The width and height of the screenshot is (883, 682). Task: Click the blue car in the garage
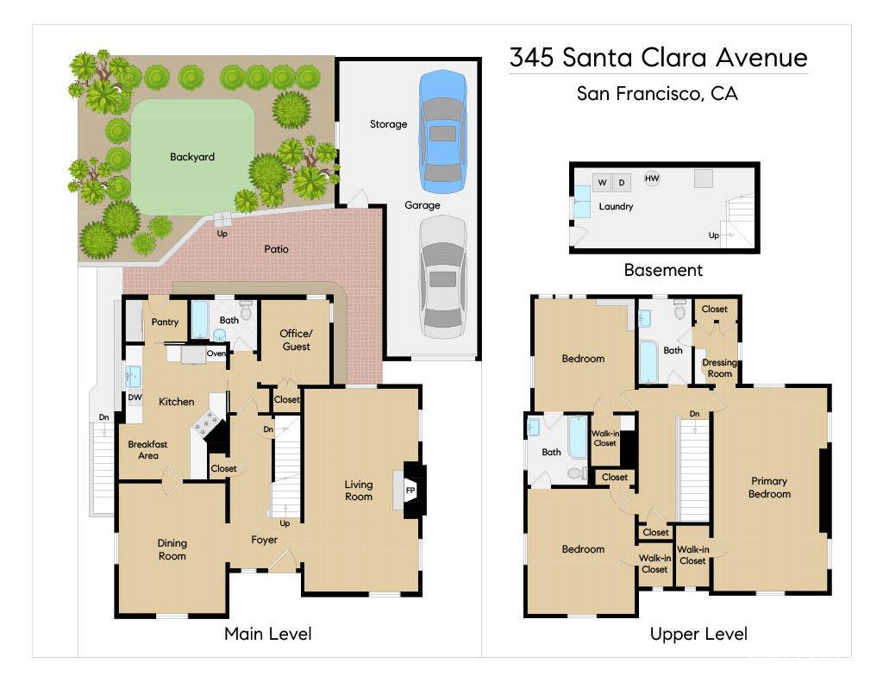[443, 131]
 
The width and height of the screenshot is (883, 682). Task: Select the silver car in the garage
[443, 276]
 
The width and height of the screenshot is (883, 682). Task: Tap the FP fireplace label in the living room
[410, 491]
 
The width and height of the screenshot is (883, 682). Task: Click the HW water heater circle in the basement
[652, 178]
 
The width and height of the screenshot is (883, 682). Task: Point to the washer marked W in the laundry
[602, 182]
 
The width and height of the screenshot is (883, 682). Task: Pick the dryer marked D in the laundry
[622, 182]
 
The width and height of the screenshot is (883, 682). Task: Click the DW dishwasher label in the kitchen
[135, 397]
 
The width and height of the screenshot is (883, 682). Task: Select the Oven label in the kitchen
[216, 354]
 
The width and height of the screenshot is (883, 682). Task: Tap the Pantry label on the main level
[165, 322]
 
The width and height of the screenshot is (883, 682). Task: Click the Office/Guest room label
[295, 340]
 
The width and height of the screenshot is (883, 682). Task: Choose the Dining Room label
[172, 549]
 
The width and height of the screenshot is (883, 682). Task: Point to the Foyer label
[264, 540]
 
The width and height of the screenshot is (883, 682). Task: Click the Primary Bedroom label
[769, 487]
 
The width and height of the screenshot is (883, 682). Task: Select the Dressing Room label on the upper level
[719, 368]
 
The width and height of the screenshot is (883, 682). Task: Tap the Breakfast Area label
[147, 449]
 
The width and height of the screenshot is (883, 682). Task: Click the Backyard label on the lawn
[191, 157]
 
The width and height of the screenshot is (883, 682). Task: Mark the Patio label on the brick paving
[276, 249]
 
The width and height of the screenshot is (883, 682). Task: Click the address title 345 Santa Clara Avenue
[658, 58]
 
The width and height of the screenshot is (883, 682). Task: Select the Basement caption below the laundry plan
[663, 270]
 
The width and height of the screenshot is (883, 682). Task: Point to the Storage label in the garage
[388, 124]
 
